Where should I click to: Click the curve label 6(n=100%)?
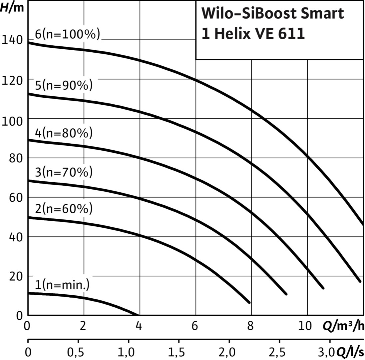tap(67, 35)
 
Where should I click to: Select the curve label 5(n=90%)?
tap(64, 85)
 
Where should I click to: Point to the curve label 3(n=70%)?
tap(64, 173)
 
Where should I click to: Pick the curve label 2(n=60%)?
tap(64, 209)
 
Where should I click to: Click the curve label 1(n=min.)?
tap(62, 285)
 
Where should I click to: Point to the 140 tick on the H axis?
tap(12, 40)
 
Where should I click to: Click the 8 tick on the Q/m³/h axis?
tap(251, 326)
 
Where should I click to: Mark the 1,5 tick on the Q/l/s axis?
tap(179, 353)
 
